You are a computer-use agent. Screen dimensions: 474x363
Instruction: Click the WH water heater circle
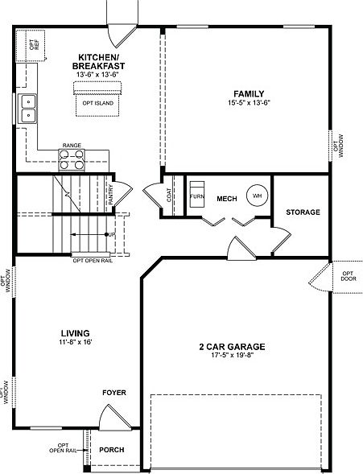point(258,196)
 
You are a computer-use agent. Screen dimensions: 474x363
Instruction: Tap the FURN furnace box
point(196,196)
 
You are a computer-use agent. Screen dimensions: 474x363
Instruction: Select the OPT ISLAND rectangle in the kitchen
point(98,103)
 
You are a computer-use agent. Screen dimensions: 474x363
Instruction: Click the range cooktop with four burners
point(72,159)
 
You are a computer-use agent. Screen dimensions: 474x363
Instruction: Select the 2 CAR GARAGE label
point(232,347)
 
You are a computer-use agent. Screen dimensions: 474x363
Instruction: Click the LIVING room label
point(74,332)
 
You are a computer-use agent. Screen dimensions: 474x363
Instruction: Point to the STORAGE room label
point(303,212)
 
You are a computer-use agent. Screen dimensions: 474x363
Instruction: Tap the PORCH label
point(112,449)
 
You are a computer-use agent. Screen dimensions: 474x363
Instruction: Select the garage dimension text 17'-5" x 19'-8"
point(232,357)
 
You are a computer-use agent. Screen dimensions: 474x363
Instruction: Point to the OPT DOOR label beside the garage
point(348,278)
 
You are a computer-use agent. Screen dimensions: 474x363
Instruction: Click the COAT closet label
point(168,196)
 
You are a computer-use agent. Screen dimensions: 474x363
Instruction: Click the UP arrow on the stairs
point(110,233)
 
